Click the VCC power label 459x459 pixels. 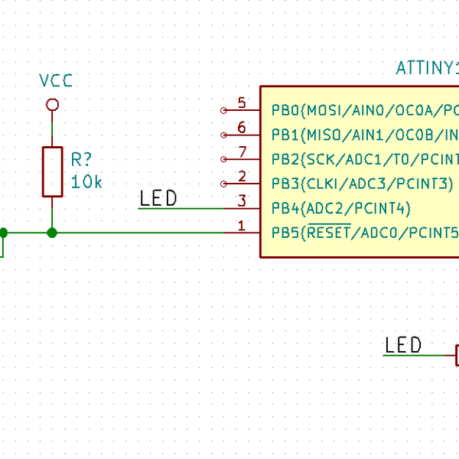[57, 81]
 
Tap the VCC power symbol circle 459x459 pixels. [52, 104]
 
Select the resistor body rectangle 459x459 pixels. [52, 171]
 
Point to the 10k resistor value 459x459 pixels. [86, 182]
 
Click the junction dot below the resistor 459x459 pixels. [52, 233]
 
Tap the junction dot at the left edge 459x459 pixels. [2, 233]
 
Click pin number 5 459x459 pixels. [242, 103]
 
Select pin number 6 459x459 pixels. [242, 127]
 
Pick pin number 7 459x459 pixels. [242, 151]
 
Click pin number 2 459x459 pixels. [242, 176]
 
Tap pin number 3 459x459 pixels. [242, 200]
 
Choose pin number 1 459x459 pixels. [242, 225]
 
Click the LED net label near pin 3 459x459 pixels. [158, 199]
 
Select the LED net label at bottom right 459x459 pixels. [403, 346]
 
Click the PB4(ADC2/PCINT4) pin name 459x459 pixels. [340, 208]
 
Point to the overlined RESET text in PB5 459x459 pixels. [328, 232]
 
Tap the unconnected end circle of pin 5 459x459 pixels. [223, 110]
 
